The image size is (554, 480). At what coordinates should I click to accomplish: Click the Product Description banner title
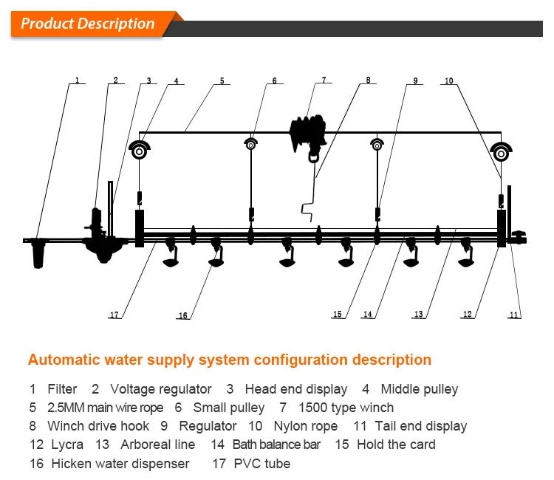click(x=87, y=23)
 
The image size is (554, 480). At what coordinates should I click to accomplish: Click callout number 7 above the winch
click(x=323, y=79)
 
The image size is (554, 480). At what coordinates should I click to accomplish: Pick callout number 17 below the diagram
click(x=114, y=315)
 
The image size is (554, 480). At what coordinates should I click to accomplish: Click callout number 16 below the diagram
click(x=182, y=316)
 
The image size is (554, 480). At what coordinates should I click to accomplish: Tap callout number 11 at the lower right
click(x=514, y=315)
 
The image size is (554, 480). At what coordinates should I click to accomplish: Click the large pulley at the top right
click(x=501, y=152)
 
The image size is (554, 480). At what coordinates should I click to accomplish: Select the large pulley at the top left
click(x=139, y=151)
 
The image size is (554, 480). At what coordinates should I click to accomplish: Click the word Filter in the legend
click(x=62, y=388)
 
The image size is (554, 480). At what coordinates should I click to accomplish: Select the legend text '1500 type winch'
click(x=346, y=407)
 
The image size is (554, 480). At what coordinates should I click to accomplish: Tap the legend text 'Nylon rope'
click(x=305, y=426)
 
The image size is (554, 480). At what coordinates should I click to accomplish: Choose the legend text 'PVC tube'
click(x=262, y=464)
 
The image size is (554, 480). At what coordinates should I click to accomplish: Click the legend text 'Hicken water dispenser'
click(x=120, y=464)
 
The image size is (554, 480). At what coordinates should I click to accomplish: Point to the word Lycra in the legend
click(x=66, y=445)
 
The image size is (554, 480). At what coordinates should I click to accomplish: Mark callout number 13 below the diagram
click(x=418, y=315)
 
